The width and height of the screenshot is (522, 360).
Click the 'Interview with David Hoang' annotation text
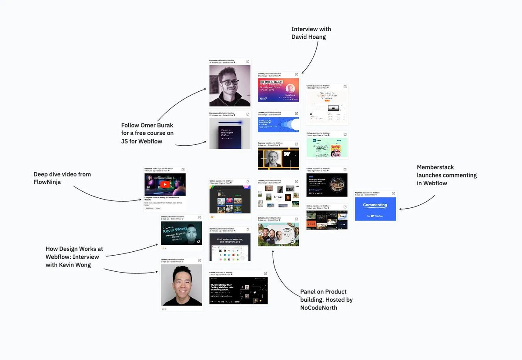[x=311, y=33]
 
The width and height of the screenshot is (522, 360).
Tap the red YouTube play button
[x=165, y=184]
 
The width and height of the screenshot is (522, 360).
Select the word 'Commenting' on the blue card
[x=375, y=205]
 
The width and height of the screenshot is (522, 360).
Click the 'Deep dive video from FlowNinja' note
[x=62, y=178]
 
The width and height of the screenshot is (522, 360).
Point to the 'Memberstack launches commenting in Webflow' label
[x=447, y=175]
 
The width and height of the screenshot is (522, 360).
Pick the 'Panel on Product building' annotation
[x=326, y=300]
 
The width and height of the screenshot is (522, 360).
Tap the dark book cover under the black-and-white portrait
[x=230, y=133]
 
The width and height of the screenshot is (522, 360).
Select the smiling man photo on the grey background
[x=182, y=285]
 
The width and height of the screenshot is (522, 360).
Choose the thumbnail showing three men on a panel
[x=278, y=235]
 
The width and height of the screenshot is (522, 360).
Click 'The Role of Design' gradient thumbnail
[x=278, y=90]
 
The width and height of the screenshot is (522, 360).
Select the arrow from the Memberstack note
[x=420, y=205]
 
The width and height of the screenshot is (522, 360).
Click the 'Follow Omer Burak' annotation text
[x=147, y=133]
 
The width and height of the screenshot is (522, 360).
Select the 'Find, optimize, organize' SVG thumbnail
[x=230, y=247]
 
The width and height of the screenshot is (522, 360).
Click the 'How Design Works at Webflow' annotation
[x=74, y=257]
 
